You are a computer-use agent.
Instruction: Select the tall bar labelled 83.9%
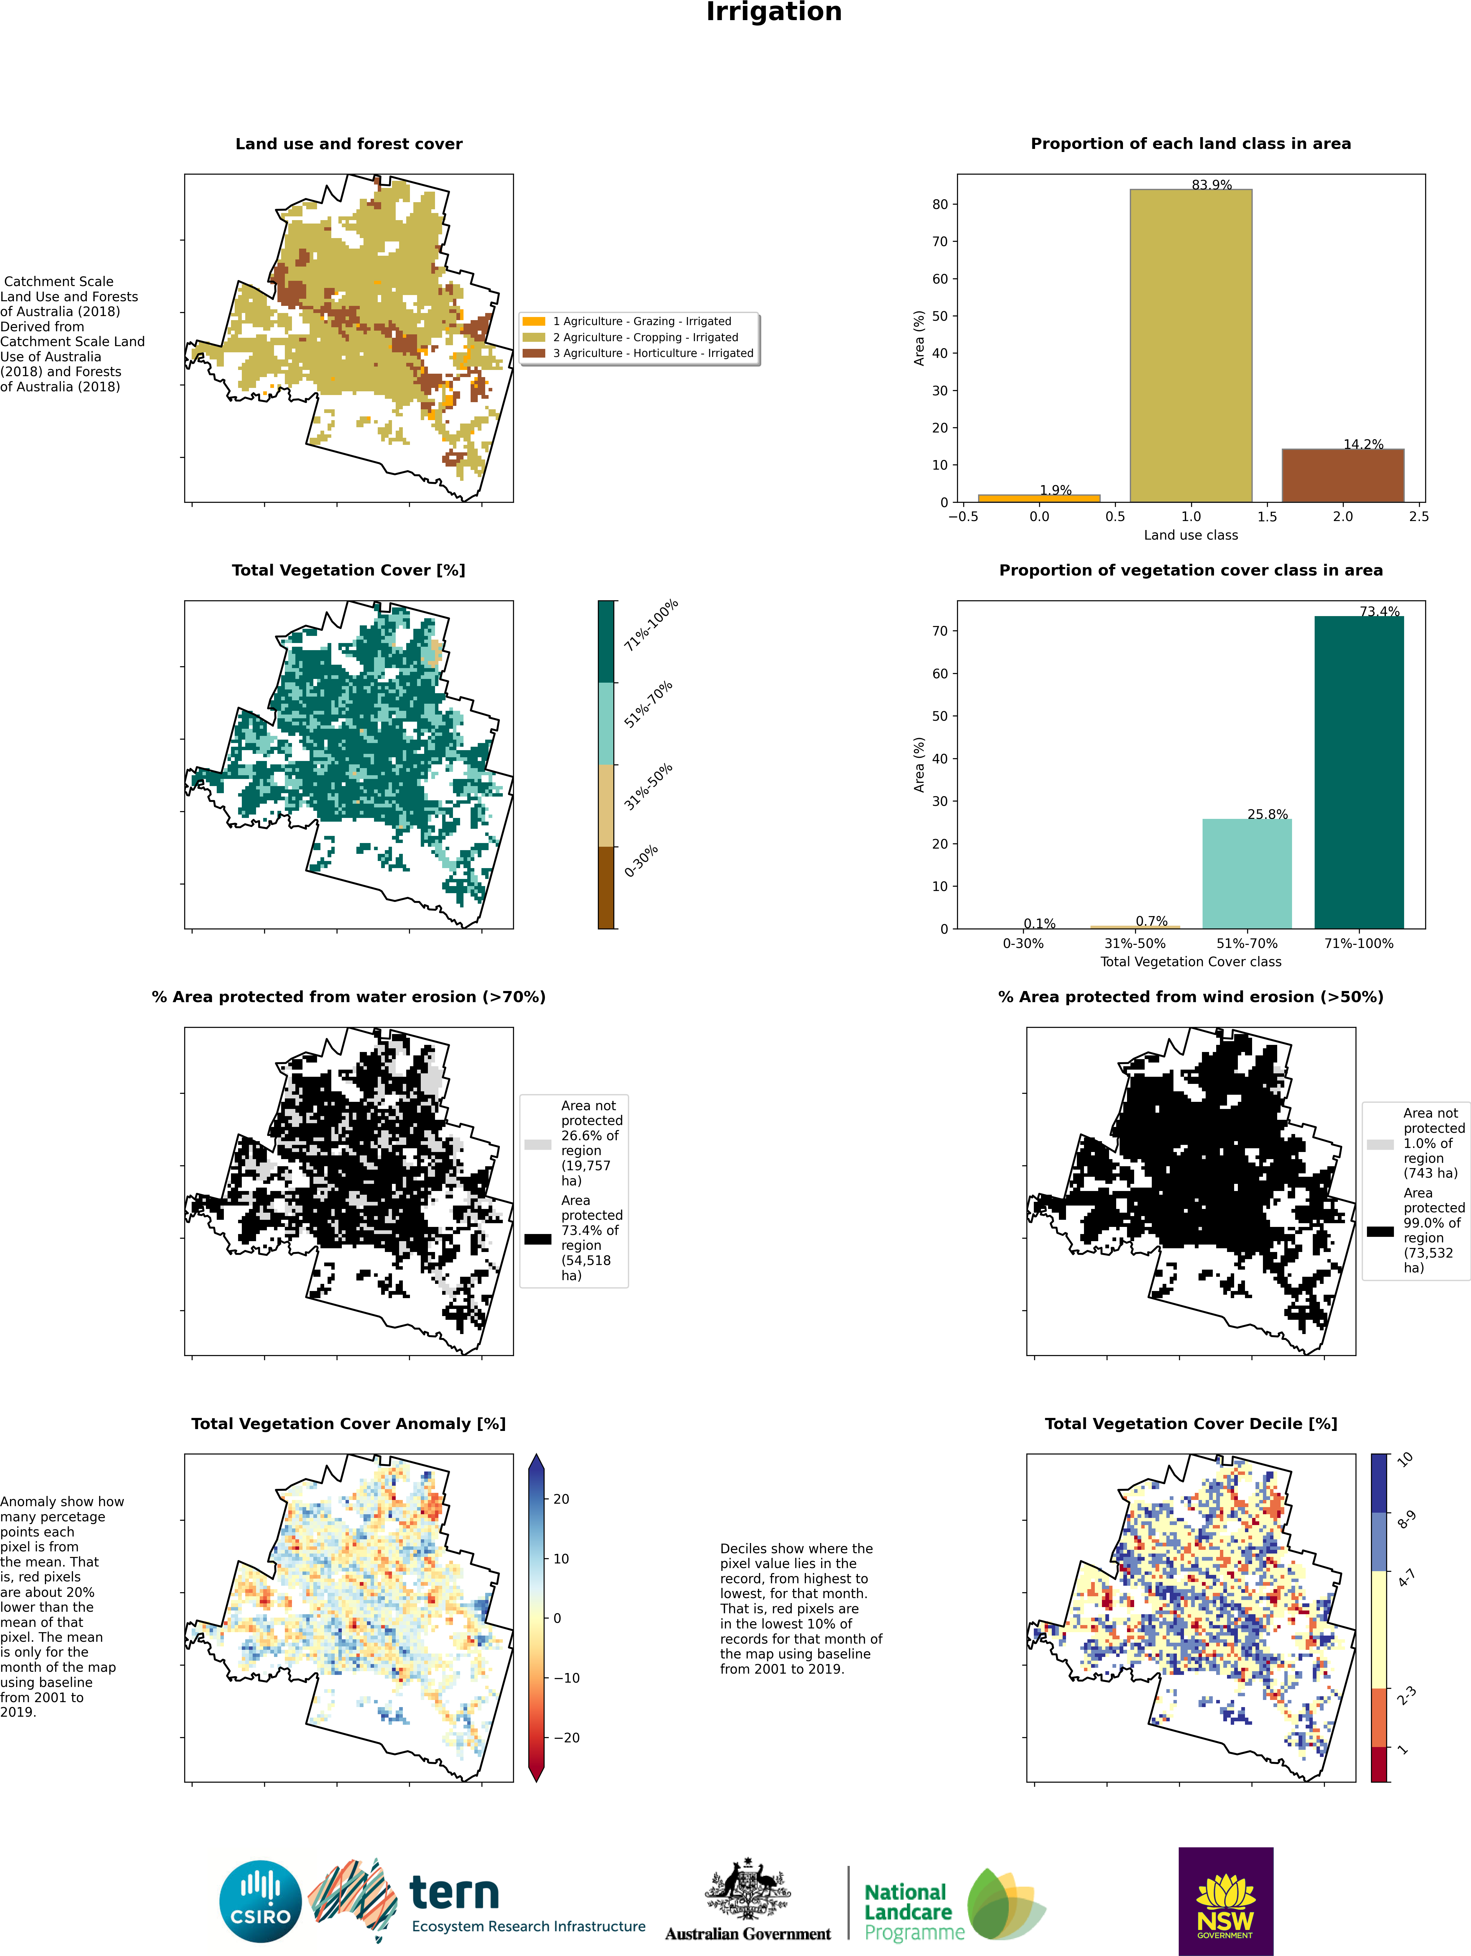pyautogui.click(x=1190, y=345)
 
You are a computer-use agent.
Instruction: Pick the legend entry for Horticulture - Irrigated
pyautogui.click(x=653, y=353)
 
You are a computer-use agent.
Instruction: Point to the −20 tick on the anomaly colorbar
pyautogui.click(x=566, y=1738)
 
